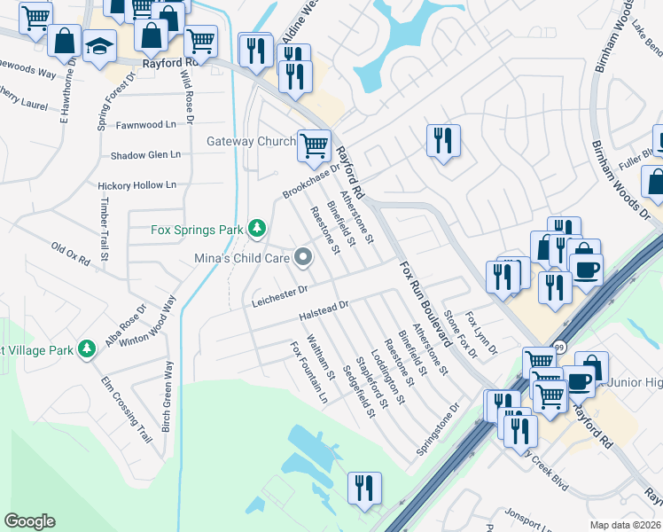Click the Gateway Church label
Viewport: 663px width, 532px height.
click(251, 141)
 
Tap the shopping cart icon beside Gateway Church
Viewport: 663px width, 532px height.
click(314, 145)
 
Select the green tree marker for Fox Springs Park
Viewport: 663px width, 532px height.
click(256, 230)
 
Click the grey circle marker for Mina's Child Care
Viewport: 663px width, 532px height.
click(304, 258)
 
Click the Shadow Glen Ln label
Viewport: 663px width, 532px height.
click(145, 155)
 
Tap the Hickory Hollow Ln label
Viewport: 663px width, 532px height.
click(137, 185)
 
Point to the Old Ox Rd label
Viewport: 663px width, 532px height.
click(71, 255)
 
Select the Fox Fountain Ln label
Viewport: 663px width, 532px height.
click(308, 372)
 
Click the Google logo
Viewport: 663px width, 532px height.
click(29, 521)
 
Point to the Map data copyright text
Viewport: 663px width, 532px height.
click(625, 525)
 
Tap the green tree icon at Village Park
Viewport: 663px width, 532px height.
click(86, 349)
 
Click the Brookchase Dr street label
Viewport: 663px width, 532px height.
click(311, 181)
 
